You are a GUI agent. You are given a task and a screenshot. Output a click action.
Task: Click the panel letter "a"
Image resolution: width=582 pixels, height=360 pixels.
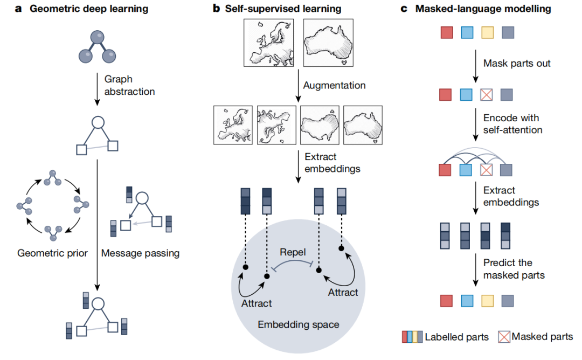(x=18, y=9)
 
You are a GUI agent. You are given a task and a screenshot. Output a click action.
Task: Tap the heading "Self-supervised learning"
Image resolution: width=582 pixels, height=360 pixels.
(x=283, y=9)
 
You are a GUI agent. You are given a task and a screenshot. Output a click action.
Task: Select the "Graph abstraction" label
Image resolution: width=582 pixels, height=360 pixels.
(x=129, y=85)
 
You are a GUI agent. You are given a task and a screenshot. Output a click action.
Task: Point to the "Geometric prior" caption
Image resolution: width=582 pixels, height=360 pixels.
(x=52, y=253)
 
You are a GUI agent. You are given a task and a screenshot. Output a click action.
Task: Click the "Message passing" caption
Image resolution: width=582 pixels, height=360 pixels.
(x=140, y=253)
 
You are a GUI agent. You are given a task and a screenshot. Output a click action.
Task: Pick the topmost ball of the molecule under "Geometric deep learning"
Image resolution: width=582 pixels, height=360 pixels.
(x=97, y=38)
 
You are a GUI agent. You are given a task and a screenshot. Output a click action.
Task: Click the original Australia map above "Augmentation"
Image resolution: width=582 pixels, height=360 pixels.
(x=328, y=43)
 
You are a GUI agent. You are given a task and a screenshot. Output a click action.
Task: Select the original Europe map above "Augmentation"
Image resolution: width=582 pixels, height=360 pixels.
(x=269, y=43)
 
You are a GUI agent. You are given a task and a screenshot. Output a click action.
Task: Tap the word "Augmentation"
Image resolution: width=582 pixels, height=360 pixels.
(x=335, y=85)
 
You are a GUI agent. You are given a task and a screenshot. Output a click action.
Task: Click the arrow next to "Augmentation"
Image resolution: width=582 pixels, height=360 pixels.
(x=298, y=86)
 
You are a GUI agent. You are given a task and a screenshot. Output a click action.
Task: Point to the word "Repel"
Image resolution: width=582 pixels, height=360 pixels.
(x=293, y=252)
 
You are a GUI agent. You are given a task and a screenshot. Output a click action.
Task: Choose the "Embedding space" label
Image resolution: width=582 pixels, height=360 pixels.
(x=299, y=324)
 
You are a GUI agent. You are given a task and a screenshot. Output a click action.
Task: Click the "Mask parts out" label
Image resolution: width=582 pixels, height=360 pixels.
(x=517, y=64)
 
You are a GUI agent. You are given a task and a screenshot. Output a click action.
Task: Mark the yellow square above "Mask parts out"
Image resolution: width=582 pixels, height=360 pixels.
(x=487, y=33)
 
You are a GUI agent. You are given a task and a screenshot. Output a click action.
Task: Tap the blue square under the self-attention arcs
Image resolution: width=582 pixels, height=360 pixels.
(x=466, y=170)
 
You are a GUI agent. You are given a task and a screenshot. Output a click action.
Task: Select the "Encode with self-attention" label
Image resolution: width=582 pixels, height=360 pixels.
(x=512, y=124)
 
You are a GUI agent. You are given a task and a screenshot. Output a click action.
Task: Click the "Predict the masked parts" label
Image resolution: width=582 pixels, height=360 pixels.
(x=514, y=269)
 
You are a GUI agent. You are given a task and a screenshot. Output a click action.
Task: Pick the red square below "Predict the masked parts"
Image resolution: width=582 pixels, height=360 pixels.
(x=447, y=301)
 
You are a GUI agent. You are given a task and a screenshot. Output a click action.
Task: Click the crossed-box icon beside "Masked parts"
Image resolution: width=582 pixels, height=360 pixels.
(x=504, y=337)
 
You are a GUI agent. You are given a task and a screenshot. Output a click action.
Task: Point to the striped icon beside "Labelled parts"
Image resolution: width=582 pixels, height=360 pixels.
(x=412, y=337)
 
